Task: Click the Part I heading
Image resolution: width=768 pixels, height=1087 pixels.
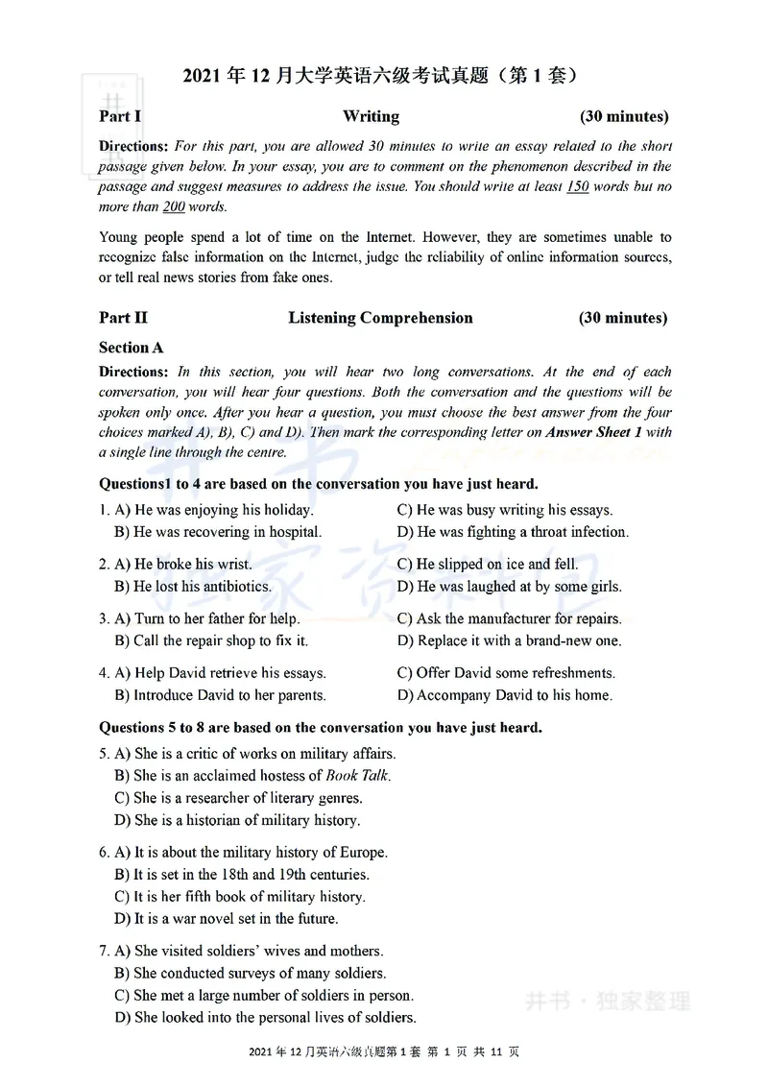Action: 120,117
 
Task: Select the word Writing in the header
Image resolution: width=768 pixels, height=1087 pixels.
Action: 371,117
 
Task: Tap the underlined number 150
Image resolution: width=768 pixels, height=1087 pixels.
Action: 577,186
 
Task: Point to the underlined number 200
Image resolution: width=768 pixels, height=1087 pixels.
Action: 173,206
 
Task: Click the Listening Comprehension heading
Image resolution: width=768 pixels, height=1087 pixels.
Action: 380,318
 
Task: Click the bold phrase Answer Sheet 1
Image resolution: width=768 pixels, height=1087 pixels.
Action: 600,432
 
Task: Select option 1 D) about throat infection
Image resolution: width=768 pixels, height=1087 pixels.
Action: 513,532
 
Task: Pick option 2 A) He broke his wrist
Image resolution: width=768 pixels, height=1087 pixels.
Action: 182,565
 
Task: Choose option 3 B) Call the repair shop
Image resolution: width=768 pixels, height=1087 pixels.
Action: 211,640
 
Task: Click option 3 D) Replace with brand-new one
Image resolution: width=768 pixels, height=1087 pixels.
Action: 509,640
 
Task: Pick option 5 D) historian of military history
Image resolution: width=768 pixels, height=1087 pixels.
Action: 237,820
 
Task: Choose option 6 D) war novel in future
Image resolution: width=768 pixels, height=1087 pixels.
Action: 226,919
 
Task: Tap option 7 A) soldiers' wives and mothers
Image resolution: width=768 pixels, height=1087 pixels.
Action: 249,952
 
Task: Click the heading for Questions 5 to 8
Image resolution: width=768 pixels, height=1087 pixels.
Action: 321,728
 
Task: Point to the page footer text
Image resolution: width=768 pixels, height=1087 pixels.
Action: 383,1052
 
